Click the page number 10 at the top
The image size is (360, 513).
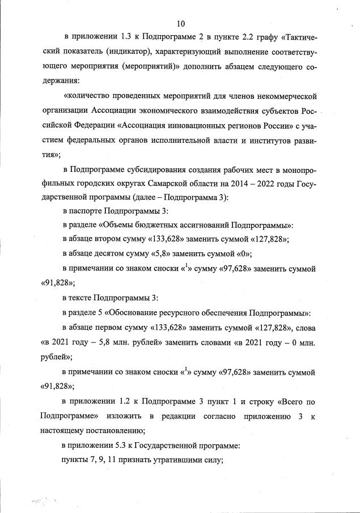[x=181, y=24]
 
